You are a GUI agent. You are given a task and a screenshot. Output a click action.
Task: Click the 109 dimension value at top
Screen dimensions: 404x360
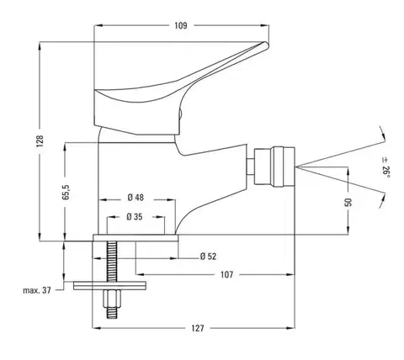click(x=181, y=25)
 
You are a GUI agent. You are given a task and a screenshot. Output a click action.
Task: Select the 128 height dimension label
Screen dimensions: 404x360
click(x=40, y=141)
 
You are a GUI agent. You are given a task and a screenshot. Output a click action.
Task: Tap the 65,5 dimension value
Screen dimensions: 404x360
click(x=66, y=192)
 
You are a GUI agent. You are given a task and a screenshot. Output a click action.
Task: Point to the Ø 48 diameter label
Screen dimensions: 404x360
click(x=136, y=198)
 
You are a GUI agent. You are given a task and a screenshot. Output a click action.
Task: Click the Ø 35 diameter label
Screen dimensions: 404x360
click(x=135, y=217)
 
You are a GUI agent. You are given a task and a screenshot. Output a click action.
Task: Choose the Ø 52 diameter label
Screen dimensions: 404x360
click(x=208, y=257)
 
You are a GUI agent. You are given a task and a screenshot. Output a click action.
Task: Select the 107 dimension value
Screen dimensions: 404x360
click(x=226, y=274)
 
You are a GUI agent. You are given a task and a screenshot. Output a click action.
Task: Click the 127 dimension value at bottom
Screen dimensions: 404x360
click(x=198, y=328)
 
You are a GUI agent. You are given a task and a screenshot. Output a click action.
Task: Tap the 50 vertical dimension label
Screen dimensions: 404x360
click(x=348, y=202)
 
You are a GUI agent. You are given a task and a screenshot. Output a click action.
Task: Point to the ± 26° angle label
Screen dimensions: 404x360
click(x=385, y=167)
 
